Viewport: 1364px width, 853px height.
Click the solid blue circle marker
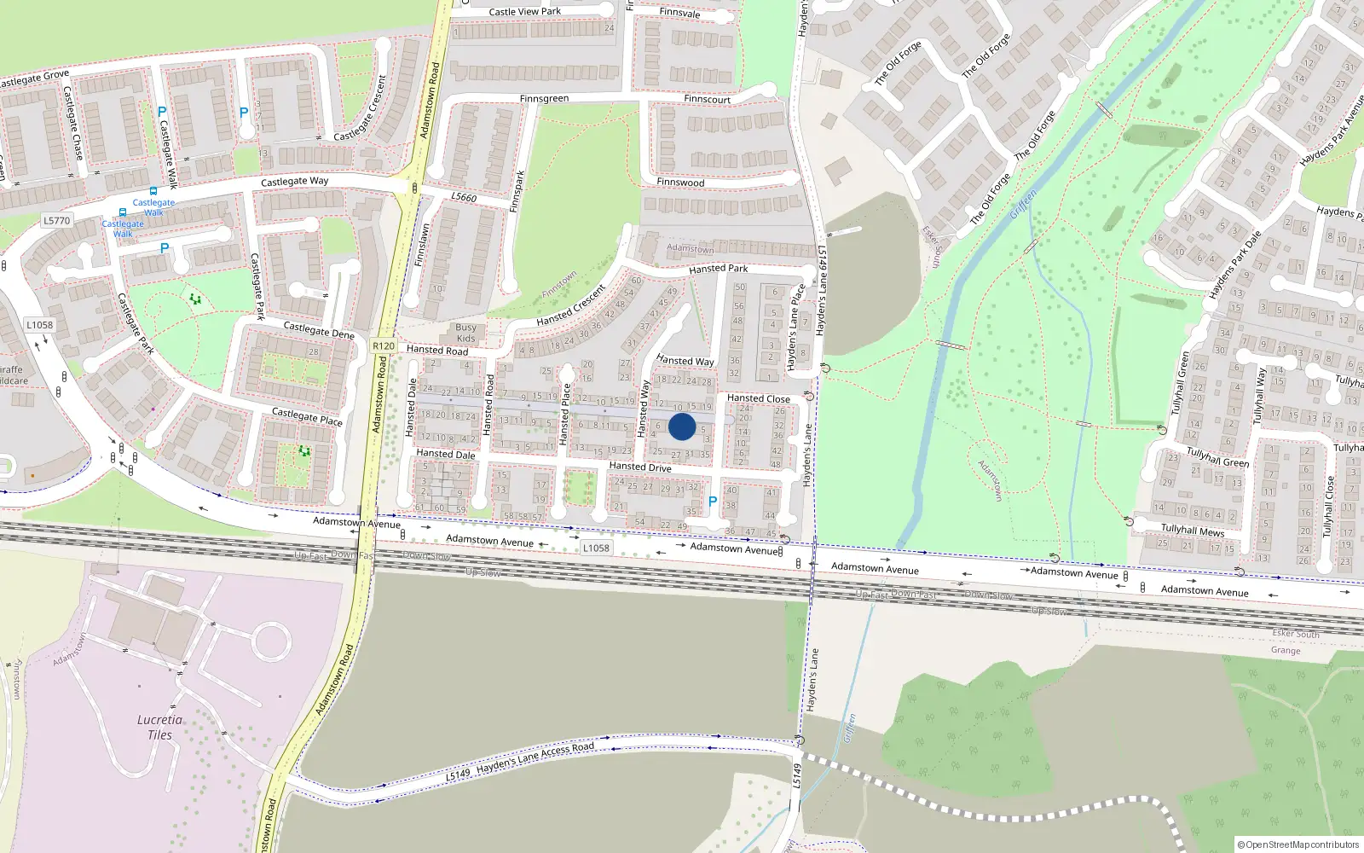(x=682, y=426)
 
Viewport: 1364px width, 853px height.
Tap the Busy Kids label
(x=465, y=333)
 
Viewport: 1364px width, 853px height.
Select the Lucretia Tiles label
(x=159, y=727)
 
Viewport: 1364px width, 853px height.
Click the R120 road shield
(x=384, y=345)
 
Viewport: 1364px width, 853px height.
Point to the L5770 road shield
(x=56, y=220)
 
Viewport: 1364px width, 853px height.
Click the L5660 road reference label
(x=464, y=197)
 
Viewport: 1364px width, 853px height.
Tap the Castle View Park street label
(x=525, y=12)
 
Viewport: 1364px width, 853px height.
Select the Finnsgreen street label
(x=544, y=99)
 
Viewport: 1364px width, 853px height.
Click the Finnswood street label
(x=680, y=183)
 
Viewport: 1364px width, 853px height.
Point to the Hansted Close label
(x=758, y=398)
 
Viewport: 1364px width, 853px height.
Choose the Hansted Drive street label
(x=639, y=467)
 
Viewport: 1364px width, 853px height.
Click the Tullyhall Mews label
(x=1193, y=531)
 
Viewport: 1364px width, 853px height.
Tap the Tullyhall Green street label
(x=1217, y=457)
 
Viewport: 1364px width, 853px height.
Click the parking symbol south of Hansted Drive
(x=713, y=502)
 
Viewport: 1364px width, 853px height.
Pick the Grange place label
(x=1286, y=650)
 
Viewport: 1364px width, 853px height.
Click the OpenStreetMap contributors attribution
(x=1298, y=844)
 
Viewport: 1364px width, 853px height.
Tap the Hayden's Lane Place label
(x=795, y=327)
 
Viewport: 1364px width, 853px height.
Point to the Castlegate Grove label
(x=34, y=79)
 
